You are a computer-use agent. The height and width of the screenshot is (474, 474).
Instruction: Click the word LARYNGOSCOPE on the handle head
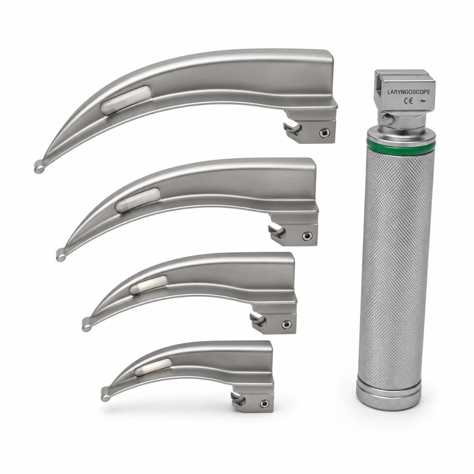408,92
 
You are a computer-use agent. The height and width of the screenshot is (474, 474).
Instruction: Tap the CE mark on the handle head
409,101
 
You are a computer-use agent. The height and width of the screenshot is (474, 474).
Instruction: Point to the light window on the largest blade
126,100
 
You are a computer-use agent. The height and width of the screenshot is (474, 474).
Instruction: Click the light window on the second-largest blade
138,200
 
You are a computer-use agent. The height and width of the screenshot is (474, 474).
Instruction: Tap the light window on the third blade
149,285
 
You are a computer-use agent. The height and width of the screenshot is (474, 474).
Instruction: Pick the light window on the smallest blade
153,367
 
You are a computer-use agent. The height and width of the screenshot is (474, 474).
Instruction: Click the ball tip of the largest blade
39,167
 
